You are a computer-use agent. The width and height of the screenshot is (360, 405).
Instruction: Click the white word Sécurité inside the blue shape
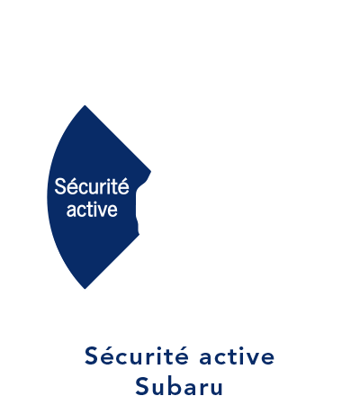tap(92, 186)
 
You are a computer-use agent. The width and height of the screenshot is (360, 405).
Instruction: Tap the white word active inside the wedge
tap(92, 210)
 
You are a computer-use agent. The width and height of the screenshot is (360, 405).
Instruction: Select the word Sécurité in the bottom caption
tap(137, 355)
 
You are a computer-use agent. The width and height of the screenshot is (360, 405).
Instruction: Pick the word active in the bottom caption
tap(237, 356)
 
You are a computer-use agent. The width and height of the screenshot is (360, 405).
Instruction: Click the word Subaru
tap(179, 387)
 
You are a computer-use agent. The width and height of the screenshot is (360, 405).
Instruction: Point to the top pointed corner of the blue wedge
tap(85, 105)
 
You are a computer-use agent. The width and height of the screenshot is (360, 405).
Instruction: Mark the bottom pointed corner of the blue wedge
tap(85, 289)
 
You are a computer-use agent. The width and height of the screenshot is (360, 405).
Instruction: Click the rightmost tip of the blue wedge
tap(150, 172)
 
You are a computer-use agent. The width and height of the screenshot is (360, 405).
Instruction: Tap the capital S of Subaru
tap(142, 387)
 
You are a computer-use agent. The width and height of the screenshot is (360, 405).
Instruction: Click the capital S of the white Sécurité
tap(60, 186)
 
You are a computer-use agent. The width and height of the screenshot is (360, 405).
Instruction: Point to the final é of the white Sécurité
tap(123, 187)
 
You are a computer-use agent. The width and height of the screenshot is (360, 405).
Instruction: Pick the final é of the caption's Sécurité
tap(182, 356)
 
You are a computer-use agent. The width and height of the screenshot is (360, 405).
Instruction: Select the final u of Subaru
tap(216, 389)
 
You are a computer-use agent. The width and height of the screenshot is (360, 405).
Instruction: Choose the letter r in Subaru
tap(203, 389)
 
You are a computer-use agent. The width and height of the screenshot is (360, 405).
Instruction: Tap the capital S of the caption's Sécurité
tap(92, 356)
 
